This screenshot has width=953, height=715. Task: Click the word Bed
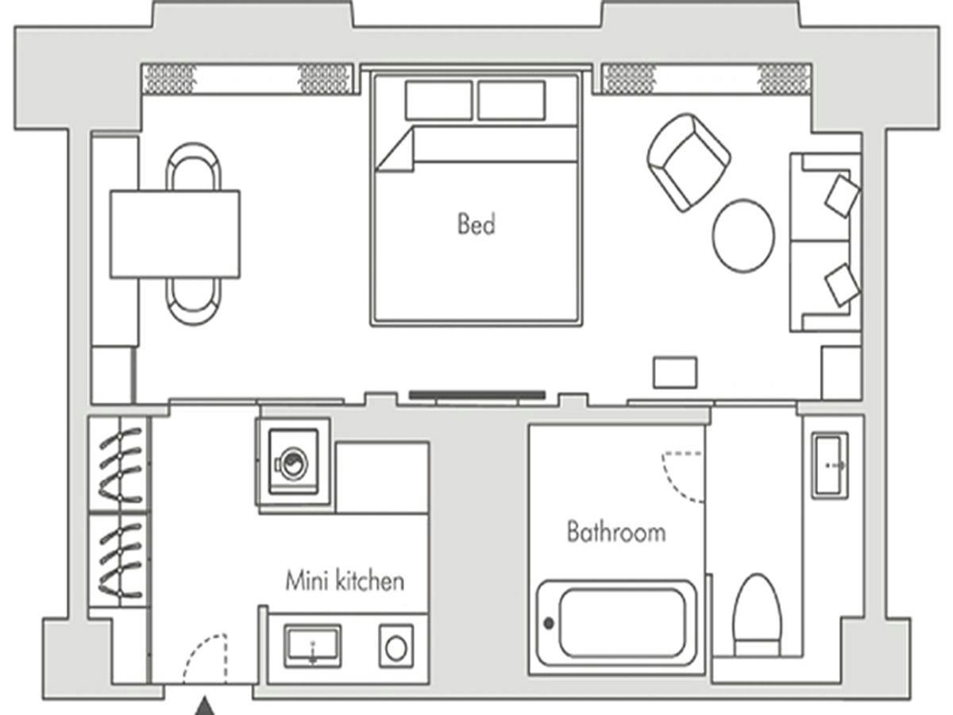point(476,224)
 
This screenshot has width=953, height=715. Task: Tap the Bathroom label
point(616,531)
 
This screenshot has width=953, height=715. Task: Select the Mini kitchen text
point(345,581)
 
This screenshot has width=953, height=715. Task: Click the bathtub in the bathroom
point(616,624)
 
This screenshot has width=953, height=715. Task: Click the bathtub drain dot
point(549,624)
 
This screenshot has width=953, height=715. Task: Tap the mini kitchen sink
point(313,647)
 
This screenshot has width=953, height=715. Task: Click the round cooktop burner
point(396,649)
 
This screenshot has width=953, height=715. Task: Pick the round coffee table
point(743,236)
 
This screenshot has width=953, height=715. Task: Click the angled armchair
point(689,162)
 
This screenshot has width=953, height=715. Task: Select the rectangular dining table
point(175,234)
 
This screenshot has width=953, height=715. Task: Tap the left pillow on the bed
point(438,100)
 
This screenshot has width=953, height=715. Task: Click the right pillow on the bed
point(511,100)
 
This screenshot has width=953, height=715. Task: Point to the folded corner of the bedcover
point(395,150)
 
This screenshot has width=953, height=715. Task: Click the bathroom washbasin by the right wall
point(830,466)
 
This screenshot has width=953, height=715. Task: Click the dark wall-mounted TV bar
point(477,395)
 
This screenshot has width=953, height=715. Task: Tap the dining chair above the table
point(194,166)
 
